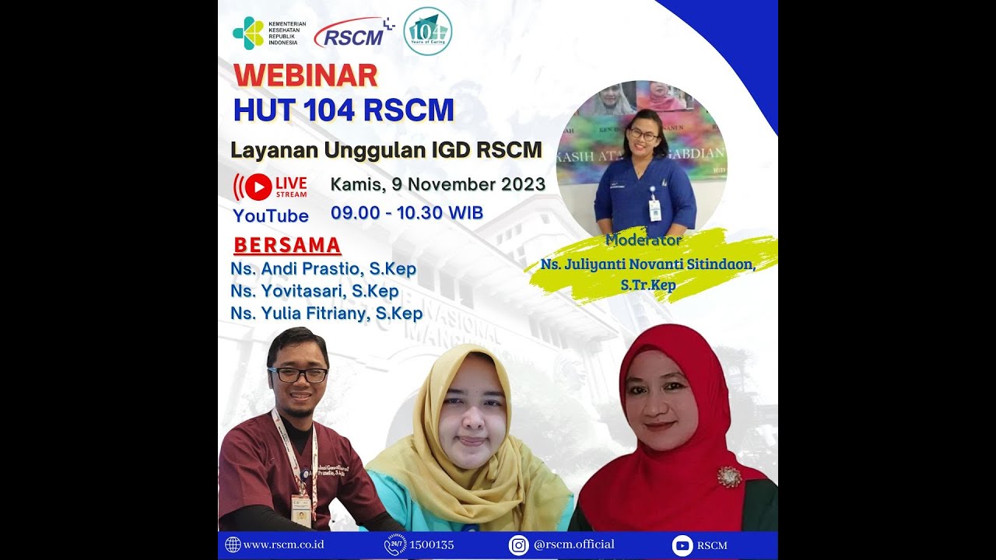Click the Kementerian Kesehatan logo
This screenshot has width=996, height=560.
[248, 33]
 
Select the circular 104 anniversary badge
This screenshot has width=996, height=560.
[427, 31]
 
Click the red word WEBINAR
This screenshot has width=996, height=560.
[305, 75]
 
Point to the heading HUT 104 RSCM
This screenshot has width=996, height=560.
[343, 110]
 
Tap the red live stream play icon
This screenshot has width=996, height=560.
[258, 187]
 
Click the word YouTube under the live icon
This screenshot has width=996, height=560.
[271, 215]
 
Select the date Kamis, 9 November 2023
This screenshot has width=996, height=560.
[437, 185]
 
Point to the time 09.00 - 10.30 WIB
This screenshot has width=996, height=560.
[406, 212]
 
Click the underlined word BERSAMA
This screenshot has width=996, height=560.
[287, 246]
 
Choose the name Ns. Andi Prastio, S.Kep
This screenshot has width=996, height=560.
[323, 269]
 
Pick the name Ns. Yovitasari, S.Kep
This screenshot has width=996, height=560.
[314, 292]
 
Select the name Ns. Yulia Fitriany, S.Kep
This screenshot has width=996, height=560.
[326, 313]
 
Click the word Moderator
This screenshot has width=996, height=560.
[644, 240]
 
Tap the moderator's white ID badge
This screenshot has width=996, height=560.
[654, 209]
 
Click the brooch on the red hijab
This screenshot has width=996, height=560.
[729, 476]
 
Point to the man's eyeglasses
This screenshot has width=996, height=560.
[298, 375]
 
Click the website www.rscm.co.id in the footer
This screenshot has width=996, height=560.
[283, 544]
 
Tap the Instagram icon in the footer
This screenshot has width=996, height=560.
[519, 545]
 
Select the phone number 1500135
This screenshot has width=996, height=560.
[431, 544]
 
